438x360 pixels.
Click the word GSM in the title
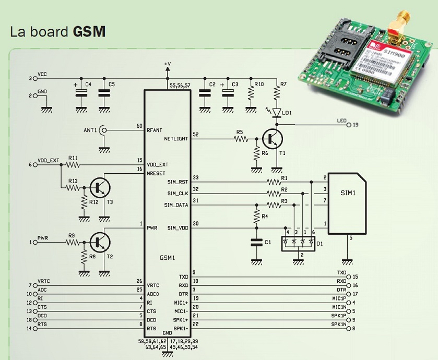89,31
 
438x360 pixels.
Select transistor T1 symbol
272,139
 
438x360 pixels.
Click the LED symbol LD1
277,113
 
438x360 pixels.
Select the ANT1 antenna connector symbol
104,129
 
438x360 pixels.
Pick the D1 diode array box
298,243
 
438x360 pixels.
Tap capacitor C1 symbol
256,242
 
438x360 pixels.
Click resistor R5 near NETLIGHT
240,139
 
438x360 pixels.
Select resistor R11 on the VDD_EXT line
73,165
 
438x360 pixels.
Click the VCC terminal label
42,75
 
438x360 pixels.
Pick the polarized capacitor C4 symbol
81,92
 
